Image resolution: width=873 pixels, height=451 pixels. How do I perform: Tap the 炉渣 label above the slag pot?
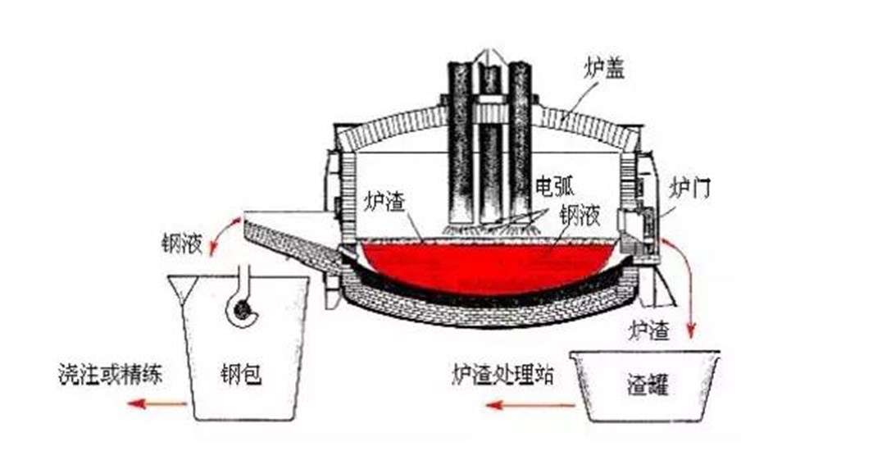[648, 331]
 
